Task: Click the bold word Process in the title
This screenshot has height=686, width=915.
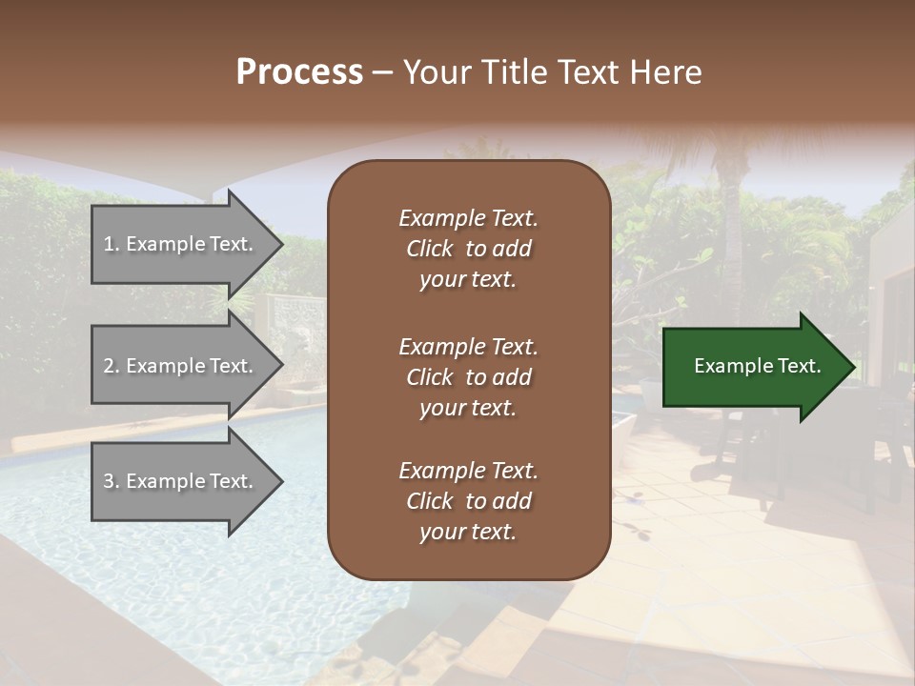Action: (x=299, y=72)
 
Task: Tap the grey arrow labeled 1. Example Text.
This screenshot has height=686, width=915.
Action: (x=181, y=244)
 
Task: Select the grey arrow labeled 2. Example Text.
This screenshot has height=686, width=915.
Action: (x=181, y=366)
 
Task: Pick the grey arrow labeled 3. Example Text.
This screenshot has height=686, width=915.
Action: (x=181, y=481)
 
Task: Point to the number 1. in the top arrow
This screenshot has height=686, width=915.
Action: (x=112, y=244)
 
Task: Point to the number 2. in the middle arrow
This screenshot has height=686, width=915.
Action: (x=112, y=366)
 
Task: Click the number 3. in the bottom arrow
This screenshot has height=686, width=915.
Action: (x=112, y=481)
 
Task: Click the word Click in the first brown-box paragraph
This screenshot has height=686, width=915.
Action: (x=430, y=249)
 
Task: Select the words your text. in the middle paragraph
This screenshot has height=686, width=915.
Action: (x=468, y=408)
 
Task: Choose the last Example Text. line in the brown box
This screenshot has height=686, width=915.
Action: (x=468, y=471)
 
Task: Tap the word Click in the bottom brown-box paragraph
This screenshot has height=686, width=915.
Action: (x=430, y=501)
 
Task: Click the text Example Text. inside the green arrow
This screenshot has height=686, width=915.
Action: (x=758, y=366)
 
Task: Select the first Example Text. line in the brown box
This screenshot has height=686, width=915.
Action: (x=468, y=218)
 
